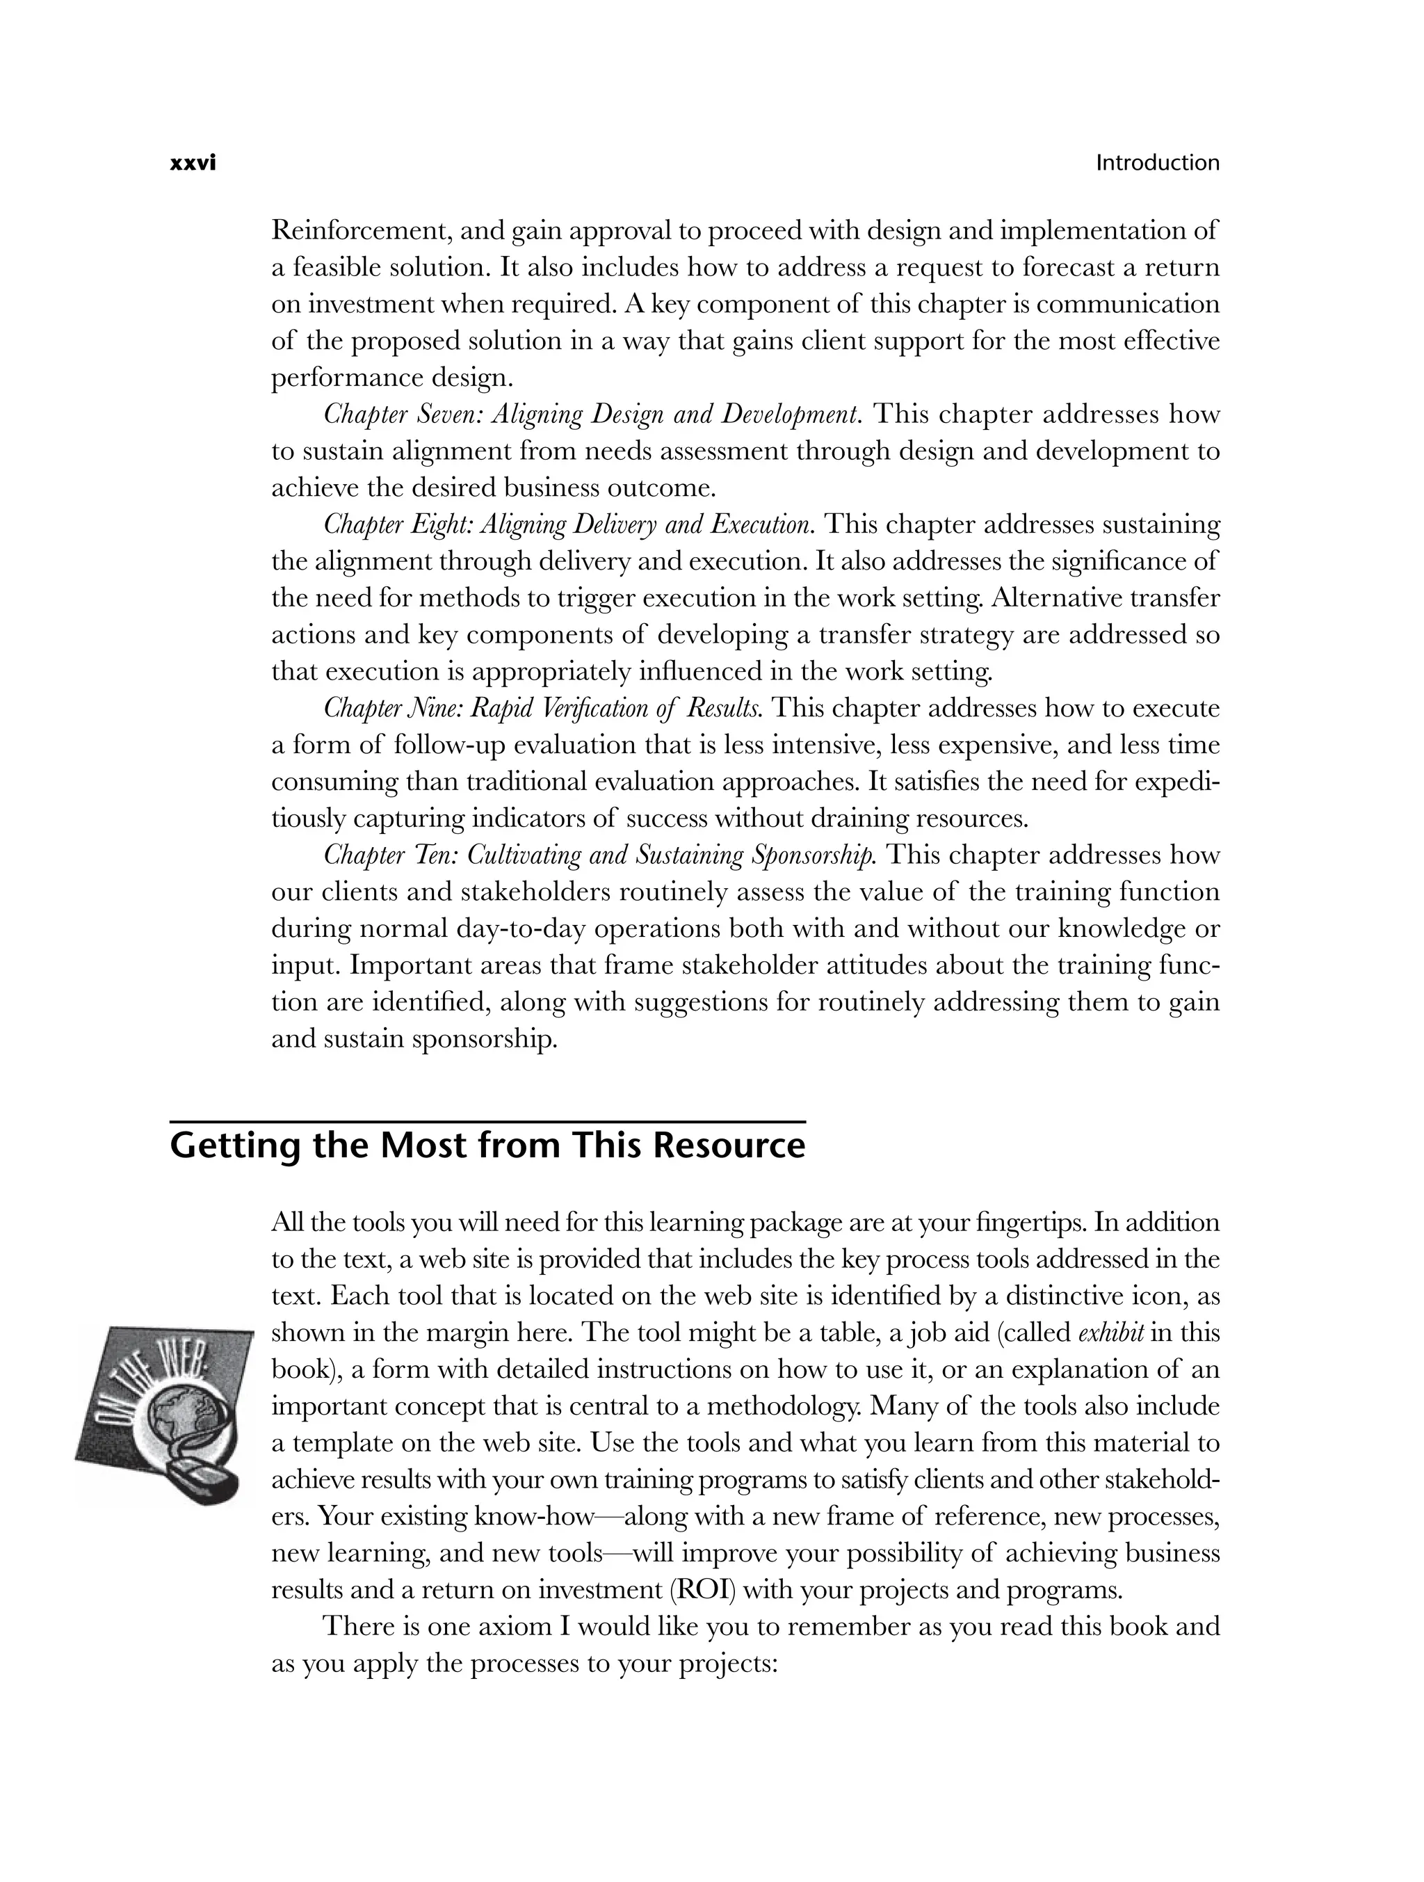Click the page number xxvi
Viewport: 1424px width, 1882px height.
click(193, 163)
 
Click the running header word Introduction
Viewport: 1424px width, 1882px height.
click(1157, 163)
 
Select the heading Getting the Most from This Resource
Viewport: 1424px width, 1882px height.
click(487, 1145)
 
